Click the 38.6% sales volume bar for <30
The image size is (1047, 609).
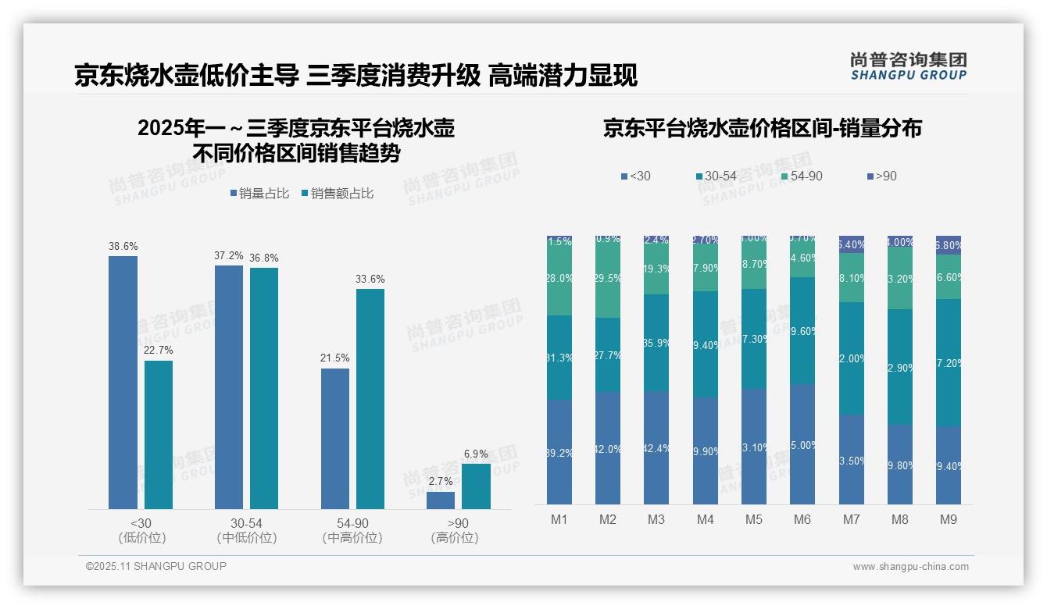point(123,383)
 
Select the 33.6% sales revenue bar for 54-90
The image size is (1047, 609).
point(370,399)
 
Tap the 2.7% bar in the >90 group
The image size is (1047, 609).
point(441,500)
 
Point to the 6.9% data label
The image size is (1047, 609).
point(476,454)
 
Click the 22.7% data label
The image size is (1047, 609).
point(159,350)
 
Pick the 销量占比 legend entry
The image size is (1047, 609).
point(262,194)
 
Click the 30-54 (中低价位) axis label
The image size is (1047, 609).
point(247,530)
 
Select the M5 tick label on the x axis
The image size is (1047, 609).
point(753,519)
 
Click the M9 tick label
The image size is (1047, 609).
point(948,519)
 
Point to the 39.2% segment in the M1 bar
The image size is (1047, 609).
point(559,451)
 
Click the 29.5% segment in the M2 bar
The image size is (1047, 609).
point(608,278)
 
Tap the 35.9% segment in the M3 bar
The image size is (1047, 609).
point(656,343)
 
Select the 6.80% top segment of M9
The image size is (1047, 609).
point(949,245)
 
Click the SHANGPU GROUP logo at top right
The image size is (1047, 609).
point(908,66)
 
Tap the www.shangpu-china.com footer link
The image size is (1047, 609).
point(910,567)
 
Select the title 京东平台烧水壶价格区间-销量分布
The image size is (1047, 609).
point(762,129)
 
